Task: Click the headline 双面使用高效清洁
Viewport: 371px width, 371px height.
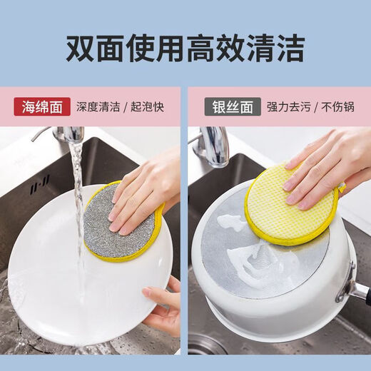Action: coord(185,48)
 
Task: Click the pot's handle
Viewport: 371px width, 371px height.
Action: coord(357,289)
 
